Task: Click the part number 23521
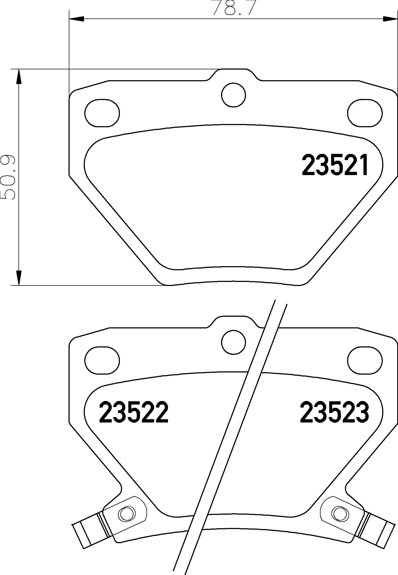pos(335,165)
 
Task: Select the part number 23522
pos(134,413)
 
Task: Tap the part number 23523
pos(334,413)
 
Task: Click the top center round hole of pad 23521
pos(234,95)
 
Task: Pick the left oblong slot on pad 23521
pos(102,113)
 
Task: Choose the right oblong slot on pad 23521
pos(365,113)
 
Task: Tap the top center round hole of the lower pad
pos(234,342)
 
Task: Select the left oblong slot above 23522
pos(102,360)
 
